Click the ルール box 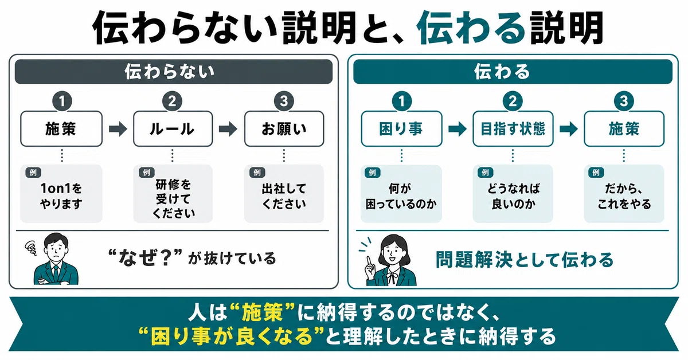173,129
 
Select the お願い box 284,129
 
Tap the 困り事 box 401,129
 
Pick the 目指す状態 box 513,129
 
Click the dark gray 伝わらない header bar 174,72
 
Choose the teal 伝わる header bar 513,72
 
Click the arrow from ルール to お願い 228,129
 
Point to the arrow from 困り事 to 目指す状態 458,129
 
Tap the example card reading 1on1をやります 61,194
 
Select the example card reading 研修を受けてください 173,194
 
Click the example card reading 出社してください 284,194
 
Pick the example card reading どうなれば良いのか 513,194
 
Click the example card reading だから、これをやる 624,194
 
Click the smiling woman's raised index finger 368,260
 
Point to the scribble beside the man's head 31,248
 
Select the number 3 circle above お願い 284,101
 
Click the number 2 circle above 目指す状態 513,101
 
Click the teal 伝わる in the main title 471,28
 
